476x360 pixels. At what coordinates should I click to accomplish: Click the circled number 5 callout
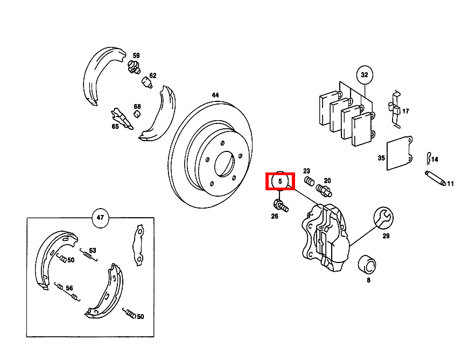tap(280, 182)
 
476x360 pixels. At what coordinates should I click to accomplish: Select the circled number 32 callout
tap(365, 74)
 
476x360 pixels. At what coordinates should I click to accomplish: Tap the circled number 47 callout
tap(100, 218)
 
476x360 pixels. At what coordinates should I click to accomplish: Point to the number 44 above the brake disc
tap(215, 95)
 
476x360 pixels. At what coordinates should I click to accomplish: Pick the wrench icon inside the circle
tap(384, 217)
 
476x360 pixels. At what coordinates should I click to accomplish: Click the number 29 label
tap(386, 236)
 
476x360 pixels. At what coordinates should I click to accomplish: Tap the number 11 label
tap(450, 184)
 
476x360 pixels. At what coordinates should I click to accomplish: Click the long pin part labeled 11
tap(435, 179)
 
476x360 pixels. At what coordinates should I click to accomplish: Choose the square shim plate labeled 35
tap(399, 153)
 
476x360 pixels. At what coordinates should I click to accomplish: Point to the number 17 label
tap(405, 112)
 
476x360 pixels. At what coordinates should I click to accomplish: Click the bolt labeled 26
tap(281, 205)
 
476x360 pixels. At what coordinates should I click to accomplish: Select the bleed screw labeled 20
tap(324, 190)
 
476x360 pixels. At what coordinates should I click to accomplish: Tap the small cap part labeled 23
tap(309, 181)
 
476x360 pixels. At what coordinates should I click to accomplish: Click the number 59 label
tap(136, 56)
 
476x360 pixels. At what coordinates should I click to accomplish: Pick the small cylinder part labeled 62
tap(146, 82)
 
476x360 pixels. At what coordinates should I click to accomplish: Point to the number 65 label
tap(115, 127)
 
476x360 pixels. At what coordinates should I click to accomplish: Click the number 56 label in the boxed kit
tap(69, 288)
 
